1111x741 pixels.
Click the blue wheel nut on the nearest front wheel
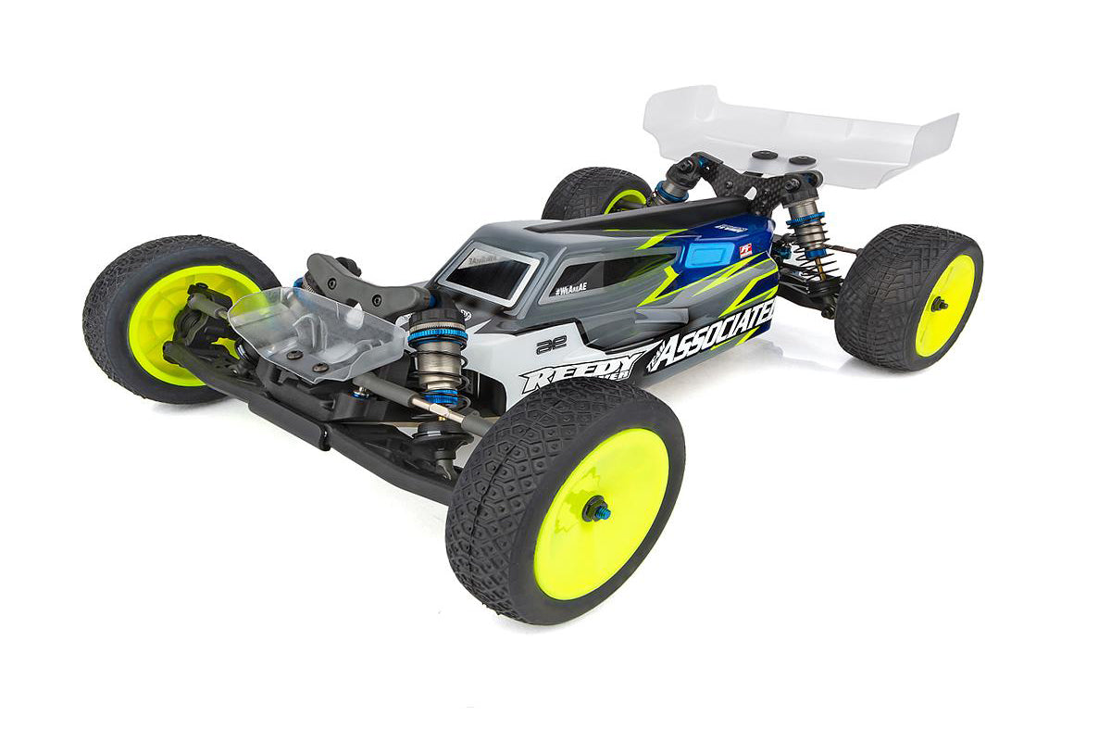596,509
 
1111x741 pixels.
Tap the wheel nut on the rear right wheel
938,304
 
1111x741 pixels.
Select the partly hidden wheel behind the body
597,195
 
